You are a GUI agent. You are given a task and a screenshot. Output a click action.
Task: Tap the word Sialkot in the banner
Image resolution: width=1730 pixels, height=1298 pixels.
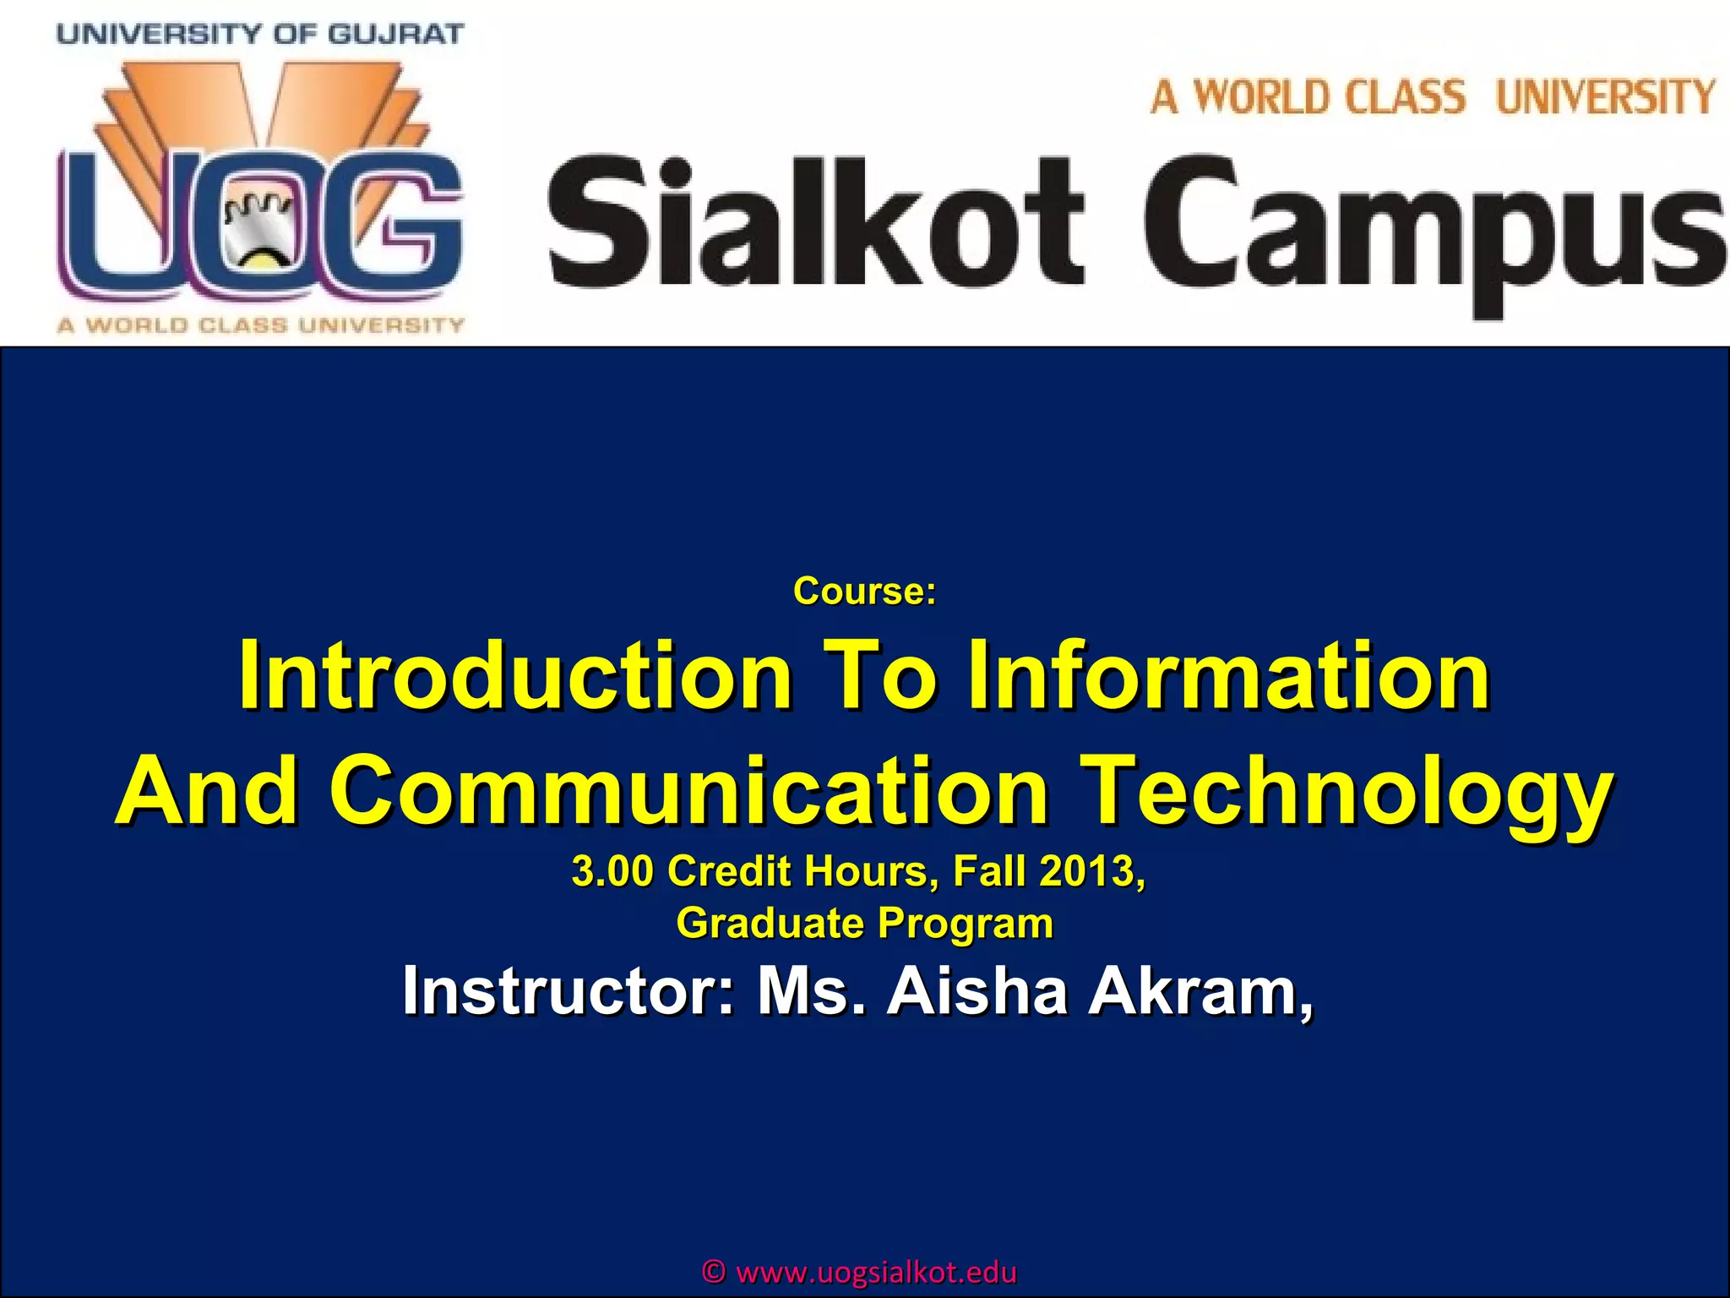tap(815, 221)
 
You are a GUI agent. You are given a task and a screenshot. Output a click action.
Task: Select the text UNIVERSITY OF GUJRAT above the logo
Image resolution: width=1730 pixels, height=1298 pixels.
tap(260, 35)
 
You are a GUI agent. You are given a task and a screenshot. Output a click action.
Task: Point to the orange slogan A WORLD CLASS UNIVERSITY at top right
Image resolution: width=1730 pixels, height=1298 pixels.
tap(1433, 96)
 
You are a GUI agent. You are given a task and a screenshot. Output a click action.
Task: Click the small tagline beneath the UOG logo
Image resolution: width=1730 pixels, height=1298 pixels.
tap(260, 325)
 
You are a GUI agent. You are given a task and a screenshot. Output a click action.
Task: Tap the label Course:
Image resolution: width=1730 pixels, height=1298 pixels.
tap(864, 592)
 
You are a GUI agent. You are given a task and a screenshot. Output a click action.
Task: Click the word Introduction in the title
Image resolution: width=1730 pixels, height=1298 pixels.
tap(515, 676)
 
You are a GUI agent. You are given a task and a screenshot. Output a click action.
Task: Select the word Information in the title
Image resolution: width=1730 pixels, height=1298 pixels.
tap(1229, 676)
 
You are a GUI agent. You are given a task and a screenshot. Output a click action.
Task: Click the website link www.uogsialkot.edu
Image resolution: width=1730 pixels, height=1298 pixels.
tap(877, 1273)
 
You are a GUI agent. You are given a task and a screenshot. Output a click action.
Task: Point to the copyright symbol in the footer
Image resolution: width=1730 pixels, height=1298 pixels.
tap(715, 1273)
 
